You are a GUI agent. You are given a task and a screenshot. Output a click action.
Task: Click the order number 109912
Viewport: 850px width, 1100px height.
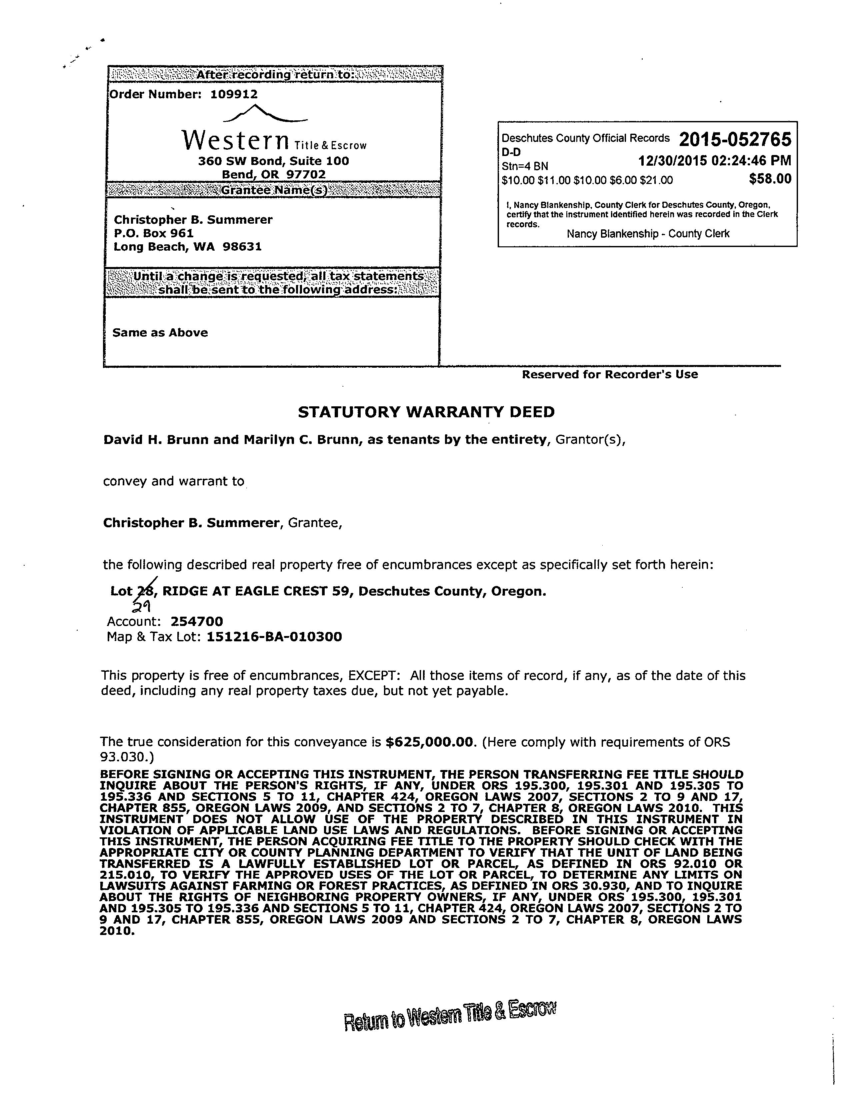tap(234, 94)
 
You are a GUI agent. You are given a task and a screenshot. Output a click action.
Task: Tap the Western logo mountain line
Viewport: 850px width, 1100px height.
tap(264, 113)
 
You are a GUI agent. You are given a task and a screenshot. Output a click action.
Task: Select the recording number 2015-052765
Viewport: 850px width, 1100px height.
tap(735, 139)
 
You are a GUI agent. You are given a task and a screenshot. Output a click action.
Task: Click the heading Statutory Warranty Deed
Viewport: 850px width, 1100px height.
tap(426, 412)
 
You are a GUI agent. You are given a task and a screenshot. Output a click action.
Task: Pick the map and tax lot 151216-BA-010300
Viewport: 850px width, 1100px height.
tap(274, 637)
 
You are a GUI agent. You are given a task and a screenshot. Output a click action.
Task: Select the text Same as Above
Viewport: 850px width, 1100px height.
tap(160, 332)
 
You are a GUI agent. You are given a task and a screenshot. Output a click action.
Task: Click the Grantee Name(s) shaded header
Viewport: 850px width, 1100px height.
tap(274, 190)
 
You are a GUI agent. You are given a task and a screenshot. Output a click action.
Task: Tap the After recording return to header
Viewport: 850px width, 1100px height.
tap(275, 75)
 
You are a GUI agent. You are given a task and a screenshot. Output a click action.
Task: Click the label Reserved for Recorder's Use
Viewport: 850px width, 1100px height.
tap(609, 374)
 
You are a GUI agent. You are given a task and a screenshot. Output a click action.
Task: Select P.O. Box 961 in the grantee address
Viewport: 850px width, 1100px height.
tap(154, 233)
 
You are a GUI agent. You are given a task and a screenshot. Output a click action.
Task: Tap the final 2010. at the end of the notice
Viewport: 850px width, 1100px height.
tap(117, 931)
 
